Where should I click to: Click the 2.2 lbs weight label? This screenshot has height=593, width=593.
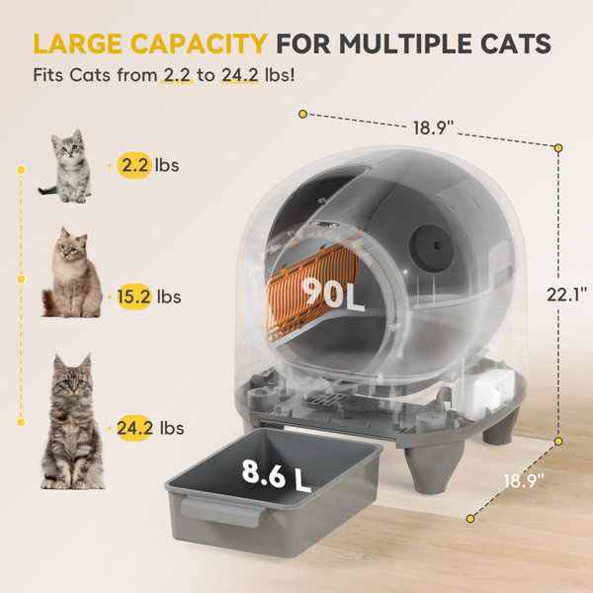(148, 164)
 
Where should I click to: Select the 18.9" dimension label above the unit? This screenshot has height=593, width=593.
(432, 127)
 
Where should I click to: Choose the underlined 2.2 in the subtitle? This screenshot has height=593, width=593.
(177, 74)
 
